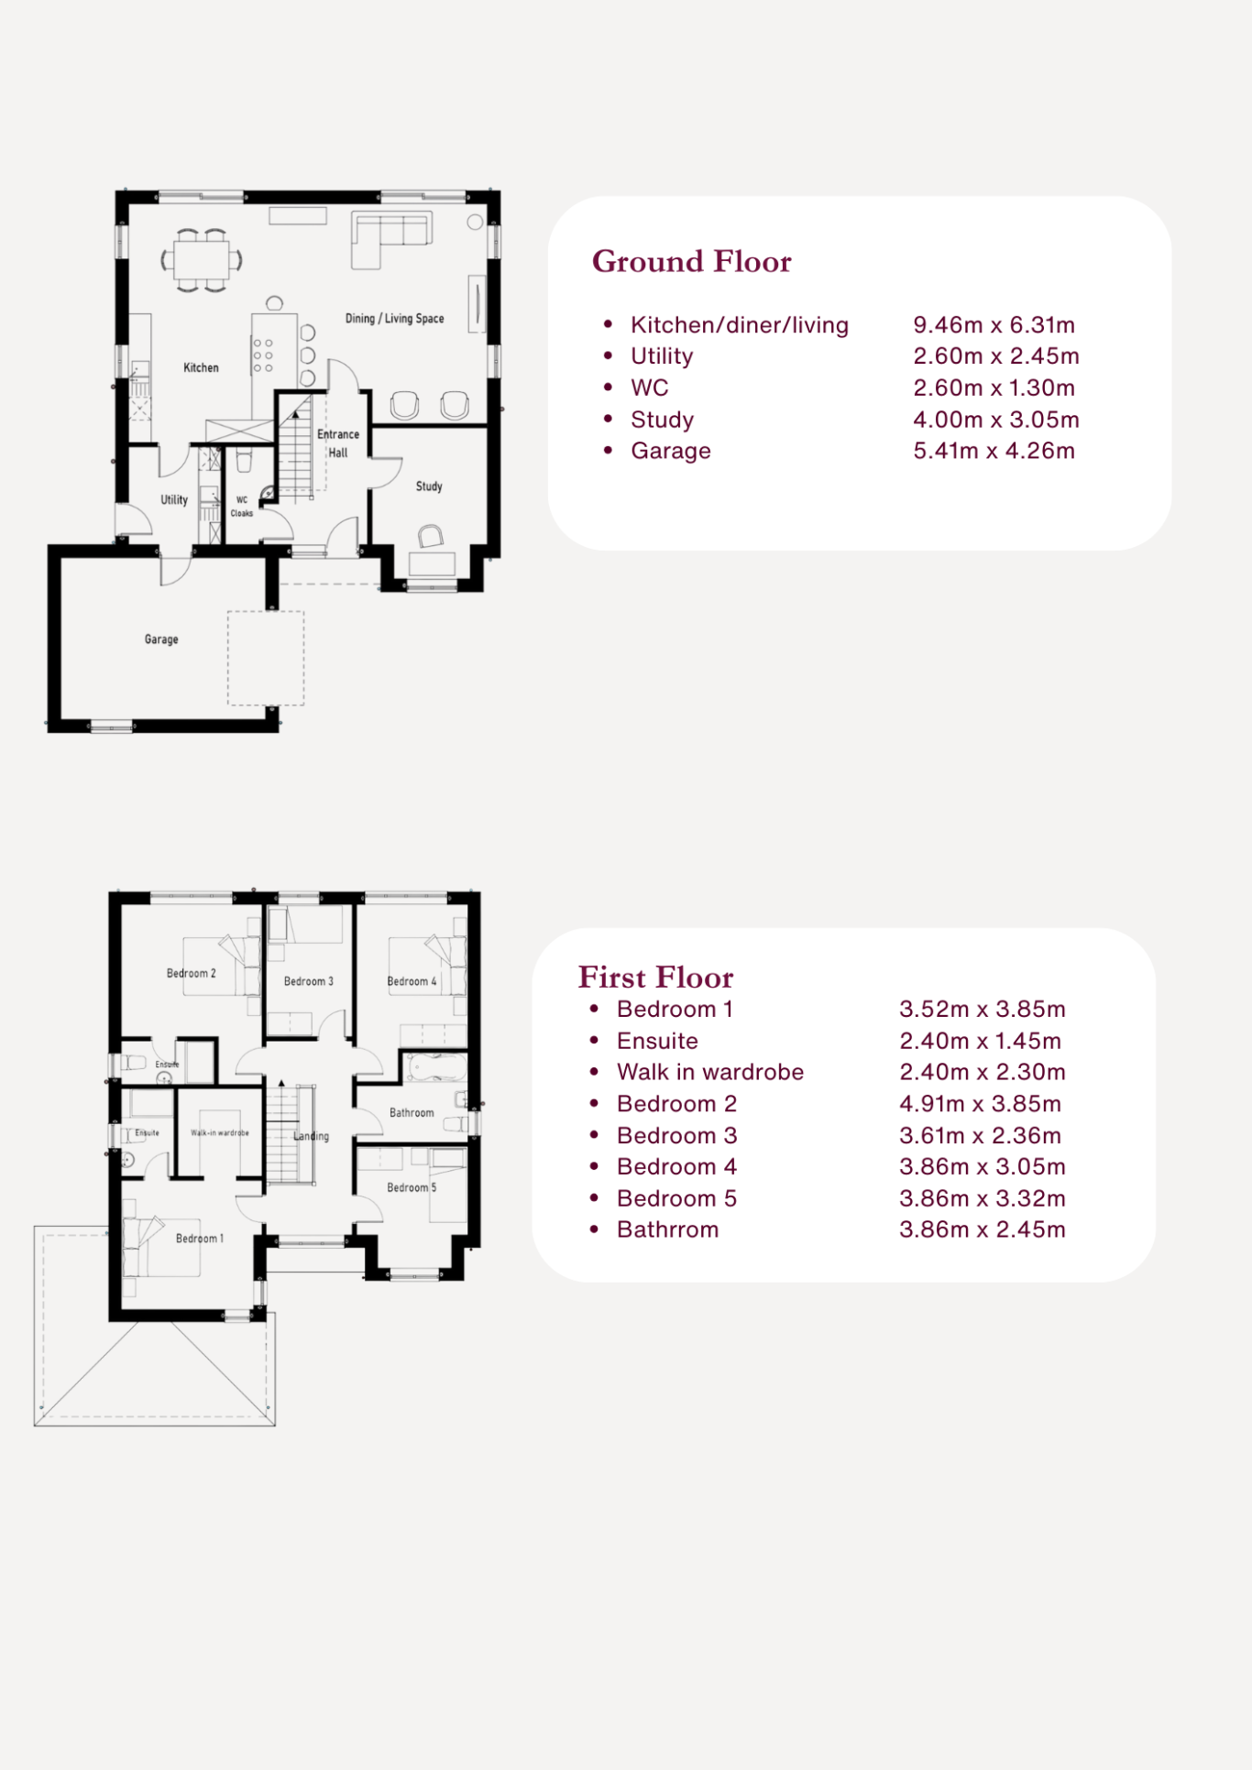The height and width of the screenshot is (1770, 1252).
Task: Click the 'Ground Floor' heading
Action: (691, 262)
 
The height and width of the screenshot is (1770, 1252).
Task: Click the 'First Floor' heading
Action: (655, 978)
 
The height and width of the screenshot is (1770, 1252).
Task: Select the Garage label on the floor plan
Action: (161, 639)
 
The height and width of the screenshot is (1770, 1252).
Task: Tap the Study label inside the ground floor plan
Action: (429, 486)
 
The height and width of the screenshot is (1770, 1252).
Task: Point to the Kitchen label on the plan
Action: (201, 367)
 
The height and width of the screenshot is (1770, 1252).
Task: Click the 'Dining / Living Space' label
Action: (394, 319)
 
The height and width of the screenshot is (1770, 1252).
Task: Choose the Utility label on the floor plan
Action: (174, 500)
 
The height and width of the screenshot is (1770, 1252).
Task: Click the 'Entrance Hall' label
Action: (338, 443)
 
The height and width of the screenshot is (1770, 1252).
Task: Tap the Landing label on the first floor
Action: (311, 1136)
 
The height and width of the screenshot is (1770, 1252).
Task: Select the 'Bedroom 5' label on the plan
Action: (412, 1187)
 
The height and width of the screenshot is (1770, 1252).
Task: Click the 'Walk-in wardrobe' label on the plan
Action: (220, 1133)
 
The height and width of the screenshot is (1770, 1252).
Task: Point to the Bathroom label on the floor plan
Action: (412, 1113)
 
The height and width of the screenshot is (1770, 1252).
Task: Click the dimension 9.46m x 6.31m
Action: (994, 325)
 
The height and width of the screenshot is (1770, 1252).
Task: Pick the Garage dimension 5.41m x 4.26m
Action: (994, 451)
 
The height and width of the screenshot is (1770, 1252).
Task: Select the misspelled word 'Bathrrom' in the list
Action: (667, 1229)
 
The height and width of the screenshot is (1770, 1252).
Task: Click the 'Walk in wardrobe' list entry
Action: (710, 1072)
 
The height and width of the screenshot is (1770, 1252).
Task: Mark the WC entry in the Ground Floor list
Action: (649, 388)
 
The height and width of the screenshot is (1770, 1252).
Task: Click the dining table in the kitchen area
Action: (203, 260)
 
